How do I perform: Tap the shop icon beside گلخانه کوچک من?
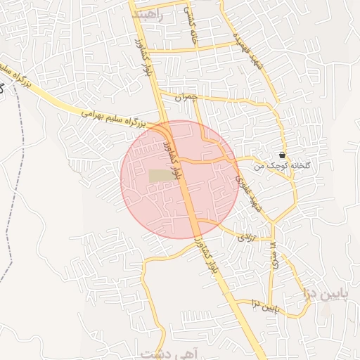click(282, 155)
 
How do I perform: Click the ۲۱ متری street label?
click(272, 253)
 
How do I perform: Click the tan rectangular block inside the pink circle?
click(161, 176)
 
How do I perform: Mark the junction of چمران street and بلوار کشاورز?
click(160, 92)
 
